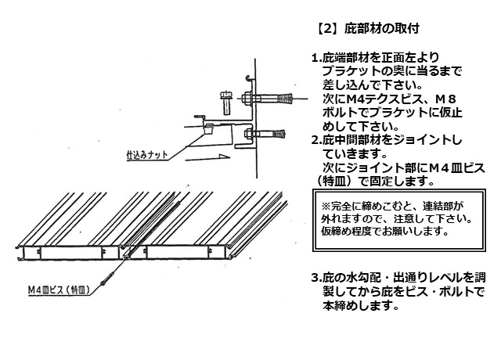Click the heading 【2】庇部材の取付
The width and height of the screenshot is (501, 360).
point(367,29)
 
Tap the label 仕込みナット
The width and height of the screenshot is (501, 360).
point(147,155)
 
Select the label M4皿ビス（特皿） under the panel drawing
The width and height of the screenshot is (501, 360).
point(59,290)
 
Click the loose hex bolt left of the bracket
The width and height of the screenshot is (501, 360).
point(226,103)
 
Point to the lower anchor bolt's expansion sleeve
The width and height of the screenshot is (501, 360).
point(279,134)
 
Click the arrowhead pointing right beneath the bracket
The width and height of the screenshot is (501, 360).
point(224,157)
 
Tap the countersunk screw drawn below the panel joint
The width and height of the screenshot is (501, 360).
point(107,279)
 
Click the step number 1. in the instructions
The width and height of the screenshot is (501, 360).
point(316,58)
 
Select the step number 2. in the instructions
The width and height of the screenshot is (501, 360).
point(316,140)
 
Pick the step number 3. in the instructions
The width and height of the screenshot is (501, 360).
point(316,278)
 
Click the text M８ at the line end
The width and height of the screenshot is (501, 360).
point(446,99)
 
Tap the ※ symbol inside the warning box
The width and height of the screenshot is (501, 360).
point(326,206)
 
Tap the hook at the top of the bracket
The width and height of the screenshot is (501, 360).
point(249,77)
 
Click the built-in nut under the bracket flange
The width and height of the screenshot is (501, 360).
point(209,128)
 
